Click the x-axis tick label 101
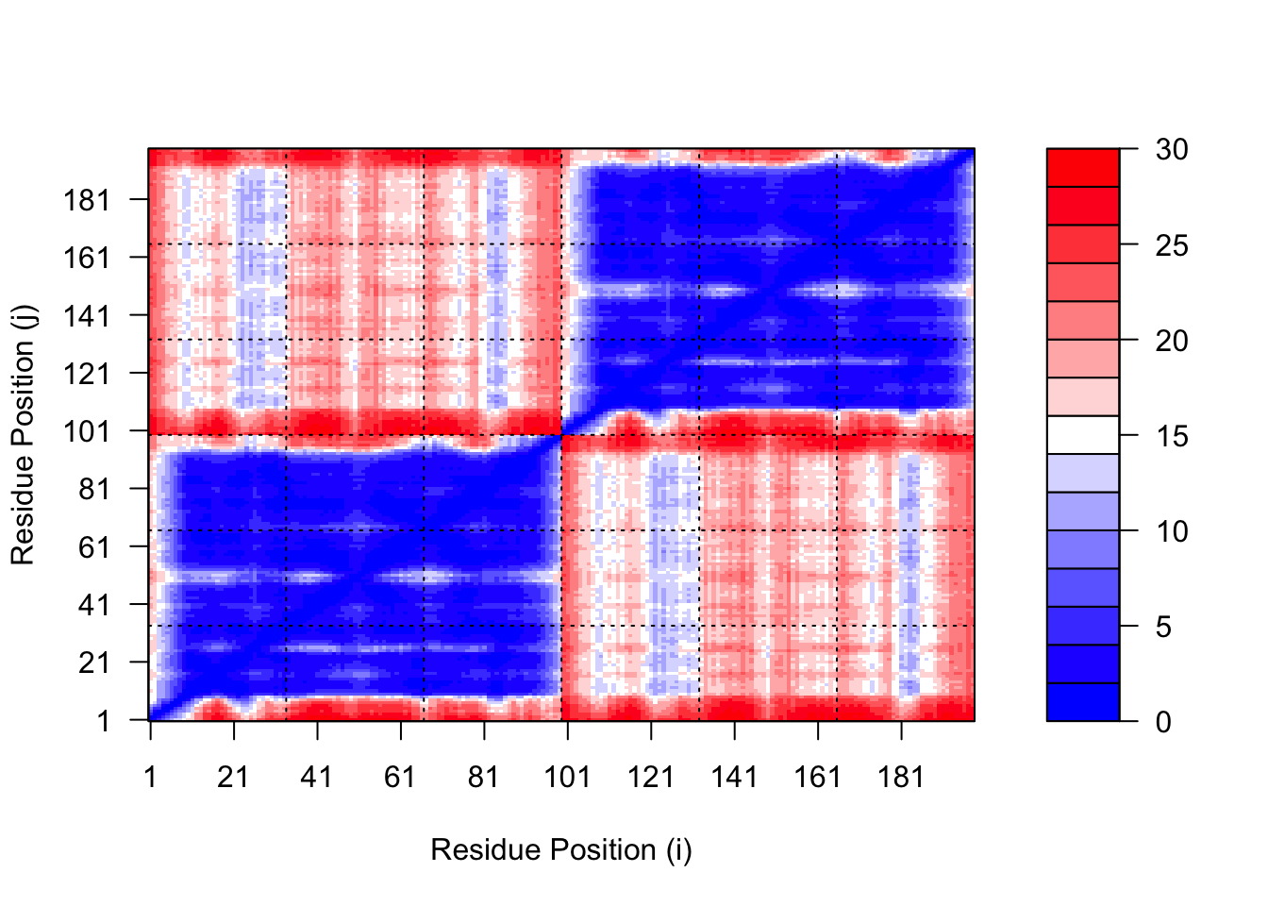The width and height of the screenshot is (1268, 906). [567, 777]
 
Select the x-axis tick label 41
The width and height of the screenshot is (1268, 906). [317, 777]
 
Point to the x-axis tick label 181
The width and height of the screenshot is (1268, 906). [901, 777]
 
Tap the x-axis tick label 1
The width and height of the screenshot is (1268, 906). [150, 777]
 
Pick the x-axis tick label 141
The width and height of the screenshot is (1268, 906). [734, 777]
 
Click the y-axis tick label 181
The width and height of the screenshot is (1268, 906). [87, 200]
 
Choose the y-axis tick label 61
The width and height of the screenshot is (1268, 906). [94, 546]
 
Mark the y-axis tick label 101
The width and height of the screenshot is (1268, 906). [87, 431]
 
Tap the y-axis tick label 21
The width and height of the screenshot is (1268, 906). [94, 663]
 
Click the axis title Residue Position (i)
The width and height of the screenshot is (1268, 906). [561, 849]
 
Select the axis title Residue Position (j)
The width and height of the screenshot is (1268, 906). [23, 435]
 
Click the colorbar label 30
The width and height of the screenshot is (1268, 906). [1172, 149]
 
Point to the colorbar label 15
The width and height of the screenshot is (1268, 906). [1172, 436]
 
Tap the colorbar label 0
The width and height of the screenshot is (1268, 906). [1163, 722]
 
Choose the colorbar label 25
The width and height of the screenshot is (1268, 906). [1172, 245]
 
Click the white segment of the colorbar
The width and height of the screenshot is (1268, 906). [1083, 435]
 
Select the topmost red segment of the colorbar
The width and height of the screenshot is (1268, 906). [1083, 168]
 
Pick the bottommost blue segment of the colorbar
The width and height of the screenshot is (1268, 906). [1083, 702]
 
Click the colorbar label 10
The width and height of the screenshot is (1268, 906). [1172, 531]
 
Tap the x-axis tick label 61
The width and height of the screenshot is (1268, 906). [400, 777]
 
